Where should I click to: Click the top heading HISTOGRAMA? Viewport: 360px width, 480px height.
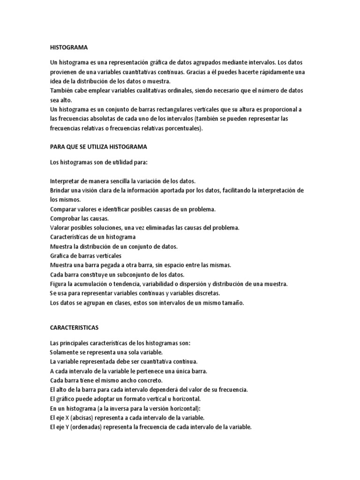click(x=68, y=47)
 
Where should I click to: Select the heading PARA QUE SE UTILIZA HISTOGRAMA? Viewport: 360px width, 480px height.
click(x=98, y=147)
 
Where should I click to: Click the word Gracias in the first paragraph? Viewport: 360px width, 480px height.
click(x=197, y=72)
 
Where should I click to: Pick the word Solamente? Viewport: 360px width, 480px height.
click(x=64, y=352)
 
